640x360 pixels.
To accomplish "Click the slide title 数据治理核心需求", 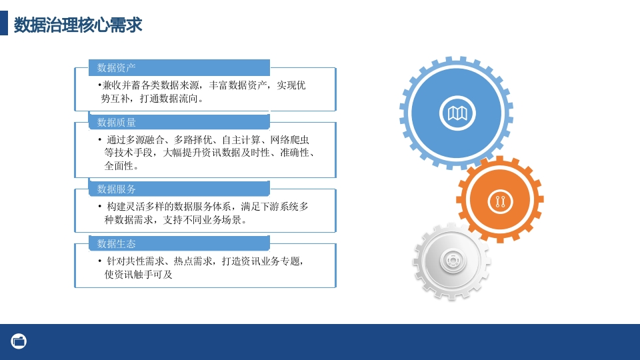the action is tap(78, 25).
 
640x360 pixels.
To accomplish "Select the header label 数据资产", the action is tap(116, 68).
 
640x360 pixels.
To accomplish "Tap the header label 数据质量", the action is tap(116, 123).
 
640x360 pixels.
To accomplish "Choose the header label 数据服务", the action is tap(116, 189).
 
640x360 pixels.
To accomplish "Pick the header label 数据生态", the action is tap(116, 244).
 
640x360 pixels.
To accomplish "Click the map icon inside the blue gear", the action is tap(457, 113).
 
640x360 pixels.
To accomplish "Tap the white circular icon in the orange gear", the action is tap(500, 201).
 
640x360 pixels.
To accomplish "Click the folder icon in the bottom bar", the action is tap(19, 341).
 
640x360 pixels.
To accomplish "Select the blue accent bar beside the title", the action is tap(4, 23).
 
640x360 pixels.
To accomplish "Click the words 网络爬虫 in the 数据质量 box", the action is tap(290, 140).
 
